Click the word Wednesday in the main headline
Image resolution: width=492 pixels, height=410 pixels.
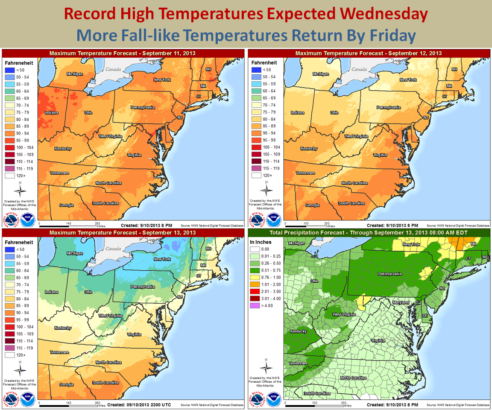381,14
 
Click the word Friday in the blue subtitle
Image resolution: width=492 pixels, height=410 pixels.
387,35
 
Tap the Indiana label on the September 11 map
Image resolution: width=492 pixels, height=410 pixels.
52,113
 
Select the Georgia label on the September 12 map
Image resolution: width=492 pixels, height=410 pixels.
312,205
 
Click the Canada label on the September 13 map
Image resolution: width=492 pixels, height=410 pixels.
113,249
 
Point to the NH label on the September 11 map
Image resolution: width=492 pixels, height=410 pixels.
208,69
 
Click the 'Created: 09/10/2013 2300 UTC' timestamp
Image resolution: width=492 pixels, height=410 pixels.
137,404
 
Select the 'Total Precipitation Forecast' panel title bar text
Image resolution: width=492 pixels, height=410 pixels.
369,233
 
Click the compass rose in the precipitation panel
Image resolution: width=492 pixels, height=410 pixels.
266,366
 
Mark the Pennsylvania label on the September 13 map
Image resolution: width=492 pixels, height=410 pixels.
143,287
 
